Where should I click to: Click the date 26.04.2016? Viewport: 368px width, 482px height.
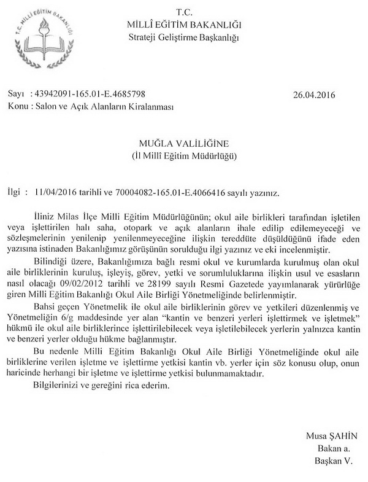(x=315, y=96)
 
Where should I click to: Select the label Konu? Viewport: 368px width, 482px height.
(x=18, y=106)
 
